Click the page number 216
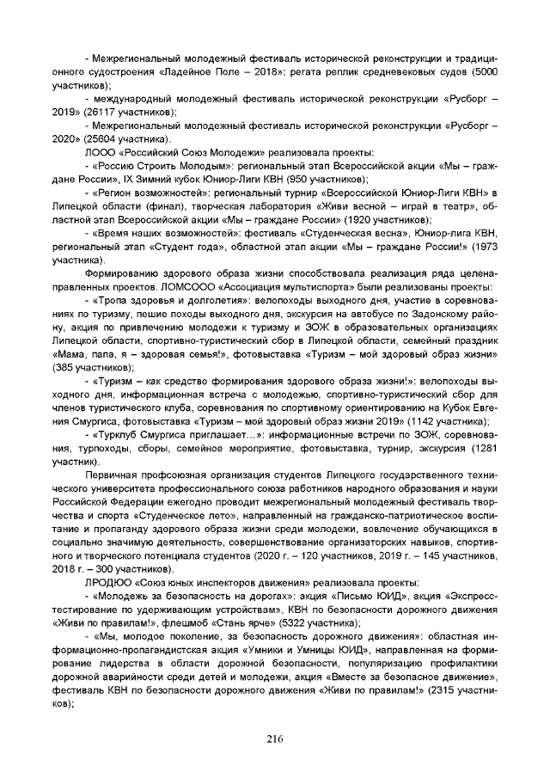[274, 739]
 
